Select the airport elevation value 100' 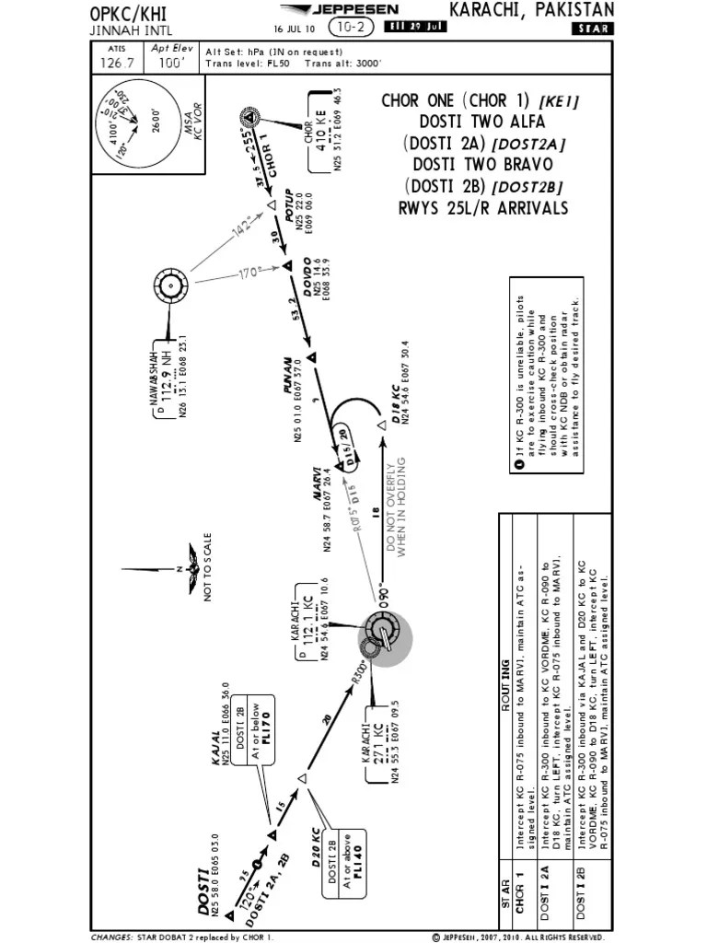click(x=168, y=63)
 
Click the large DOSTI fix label click(x=203, y=891)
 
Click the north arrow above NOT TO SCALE click(x=194, y=568)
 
